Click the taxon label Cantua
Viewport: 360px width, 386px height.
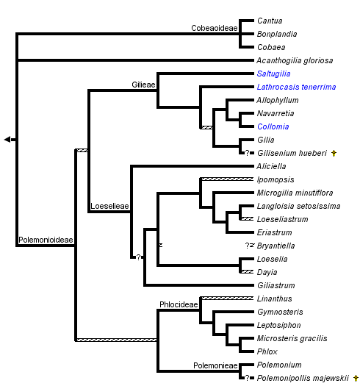[269, 21]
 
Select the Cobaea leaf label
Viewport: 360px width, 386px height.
[270, 47]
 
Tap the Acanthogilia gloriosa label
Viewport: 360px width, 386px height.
[294, 60]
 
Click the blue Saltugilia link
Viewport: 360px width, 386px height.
[275, 74]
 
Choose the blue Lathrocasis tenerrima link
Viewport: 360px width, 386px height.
[292, 87]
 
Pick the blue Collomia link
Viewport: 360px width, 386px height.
[273, 126]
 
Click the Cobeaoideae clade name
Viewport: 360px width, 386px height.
[214, 28]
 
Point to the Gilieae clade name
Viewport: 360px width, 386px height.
[144, 85]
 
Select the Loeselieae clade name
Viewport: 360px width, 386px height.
[109, 207]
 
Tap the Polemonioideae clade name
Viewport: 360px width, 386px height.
[45, 240]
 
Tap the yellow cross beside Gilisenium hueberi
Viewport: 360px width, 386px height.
[334, 153]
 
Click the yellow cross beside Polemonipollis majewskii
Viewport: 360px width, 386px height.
[356, 378]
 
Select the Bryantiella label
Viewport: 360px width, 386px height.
[277, 246]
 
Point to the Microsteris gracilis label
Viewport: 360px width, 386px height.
[292, 338]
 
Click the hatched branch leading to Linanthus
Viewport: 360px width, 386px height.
[226, 298]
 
